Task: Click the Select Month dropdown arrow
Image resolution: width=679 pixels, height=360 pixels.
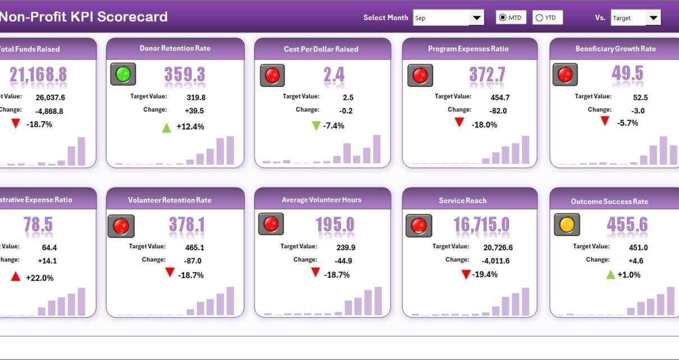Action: pos(477,18)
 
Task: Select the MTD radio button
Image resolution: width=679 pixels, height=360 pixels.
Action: pos(502,18)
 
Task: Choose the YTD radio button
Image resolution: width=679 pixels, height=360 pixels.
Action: pos(539,18)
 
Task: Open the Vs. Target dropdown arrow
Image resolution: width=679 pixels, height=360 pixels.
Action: pos(653,18)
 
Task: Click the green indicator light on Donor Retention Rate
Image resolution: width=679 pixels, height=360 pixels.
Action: pos(123,74)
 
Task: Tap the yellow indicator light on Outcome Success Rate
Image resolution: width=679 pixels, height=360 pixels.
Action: pos(567,225)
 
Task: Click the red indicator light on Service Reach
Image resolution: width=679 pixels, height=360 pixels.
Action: pos(419,225)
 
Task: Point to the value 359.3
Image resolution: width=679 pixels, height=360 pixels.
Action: pos(185,75)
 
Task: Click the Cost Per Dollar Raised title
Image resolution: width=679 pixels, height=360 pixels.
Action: pos(321,49)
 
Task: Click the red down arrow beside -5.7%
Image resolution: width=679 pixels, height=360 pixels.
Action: pos(604,121)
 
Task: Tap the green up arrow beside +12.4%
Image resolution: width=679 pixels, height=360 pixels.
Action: pos(166,127)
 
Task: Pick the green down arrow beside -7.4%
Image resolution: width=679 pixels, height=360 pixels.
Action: pos(316,126)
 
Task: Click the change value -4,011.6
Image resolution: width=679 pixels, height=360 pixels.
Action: pos(496,261)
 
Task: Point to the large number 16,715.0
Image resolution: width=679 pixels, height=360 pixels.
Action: pos(481,225)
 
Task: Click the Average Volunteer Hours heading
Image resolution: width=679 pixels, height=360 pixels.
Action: pos(322,200)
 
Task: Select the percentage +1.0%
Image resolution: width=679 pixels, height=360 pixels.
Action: pos(629,275)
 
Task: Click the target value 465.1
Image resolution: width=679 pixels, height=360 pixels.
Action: pos(195,247)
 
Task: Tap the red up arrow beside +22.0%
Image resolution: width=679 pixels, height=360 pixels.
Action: pos(16,276)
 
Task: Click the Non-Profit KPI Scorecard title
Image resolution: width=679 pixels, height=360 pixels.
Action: pos(83,17)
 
